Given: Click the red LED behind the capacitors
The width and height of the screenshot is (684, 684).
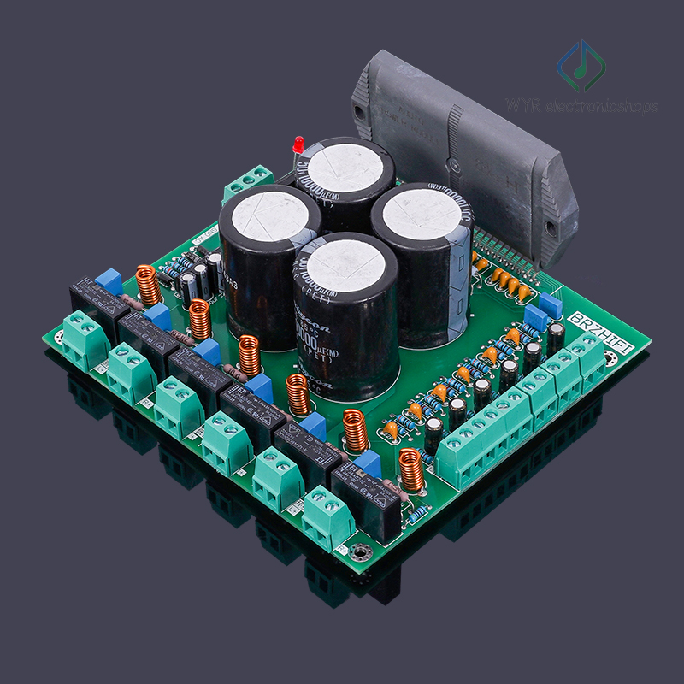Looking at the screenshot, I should [x=298, y=143].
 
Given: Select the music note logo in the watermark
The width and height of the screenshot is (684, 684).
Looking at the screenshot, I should [x=581, y=67].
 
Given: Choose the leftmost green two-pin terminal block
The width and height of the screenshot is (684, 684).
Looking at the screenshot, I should [x=84, y=338].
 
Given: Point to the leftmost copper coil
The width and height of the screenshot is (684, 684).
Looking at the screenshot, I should [x=149, y=285].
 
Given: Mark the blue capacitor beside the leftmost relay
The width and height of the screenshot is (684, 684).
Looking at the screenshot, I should [x=109, y=280].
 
